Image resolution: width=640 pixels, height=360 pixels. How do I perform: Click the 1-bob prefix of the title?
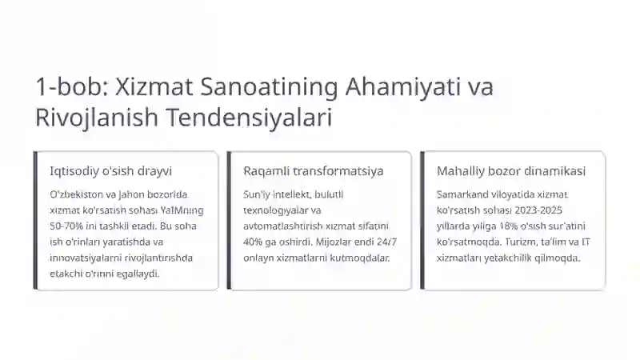tap(64, 87)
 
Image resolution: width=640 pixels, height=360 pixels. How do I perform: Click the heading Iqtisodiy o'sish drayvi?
tap(110, 171)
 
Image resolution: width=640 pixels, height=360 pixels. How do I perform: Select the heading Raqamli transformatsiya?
tap(313, 171)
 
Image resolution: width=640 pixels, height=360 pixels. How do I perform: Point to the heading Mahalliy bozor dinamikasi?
tap(511, 171)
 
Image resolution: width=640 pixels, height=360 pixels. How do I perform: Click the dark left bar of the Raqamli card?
tap(230, 220)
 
